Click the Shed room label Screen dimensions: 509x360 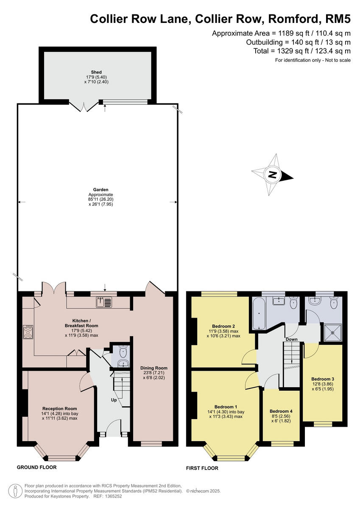coord(97,72)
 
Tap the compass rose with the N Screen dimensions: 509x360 coord(272,174)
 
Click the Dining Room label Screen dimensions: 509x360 coord(153,368)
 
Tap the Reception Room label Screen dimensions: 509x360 coord(60,408)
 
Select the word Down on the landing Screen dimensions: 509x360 coord(291,339)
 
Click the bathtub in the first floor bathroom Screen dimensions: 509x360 coord(258,314)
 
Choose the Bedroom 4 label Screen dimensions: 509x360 coord(281,411)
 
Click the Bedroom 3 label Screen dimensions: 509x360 coord(323,379)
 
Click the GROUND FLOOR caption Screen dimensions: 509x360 coord(36,467)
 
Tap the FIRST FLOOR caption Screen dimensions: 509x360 coord(202,468)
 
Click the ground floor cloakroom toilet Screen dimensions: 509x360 coord(123,352)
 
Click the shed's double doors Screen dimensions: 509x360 coord(84,106)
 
